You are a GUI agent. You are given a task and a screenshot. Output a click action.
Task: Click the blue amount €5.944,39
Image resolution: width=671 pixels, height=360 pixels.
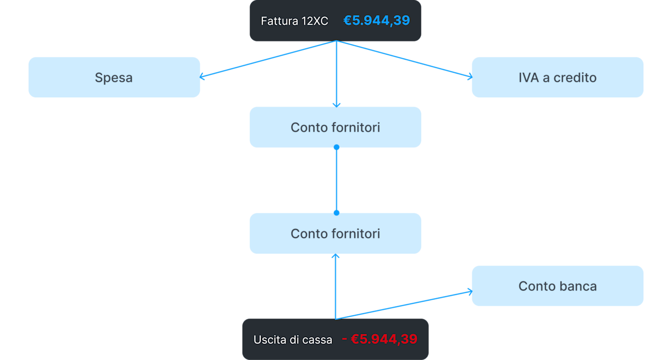pos(377,21)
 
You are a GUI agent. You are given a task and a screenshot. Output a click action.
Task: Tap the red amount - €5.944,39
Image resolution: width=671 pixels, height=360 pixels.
pos(380,339)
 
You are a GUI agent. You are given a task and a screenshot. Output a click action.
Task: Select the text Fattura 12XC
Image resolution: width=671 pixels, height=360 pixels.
pos(294,21)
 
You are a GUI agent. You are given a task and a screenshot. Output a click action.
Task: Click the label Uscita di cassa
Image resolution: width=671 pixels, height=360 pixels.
pos(293,340)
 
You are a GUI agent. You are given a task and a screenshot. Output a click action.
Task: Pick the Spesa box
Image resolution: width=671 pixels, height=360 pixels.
pos(114,78)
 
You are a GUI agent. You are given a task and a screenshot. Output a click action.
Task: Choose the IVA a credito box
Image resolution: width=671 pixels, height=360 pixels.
pos(558,78)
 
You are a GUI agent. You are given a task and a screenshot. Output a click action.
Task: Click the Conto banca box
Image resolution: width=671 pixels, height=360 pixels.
pos(558,286)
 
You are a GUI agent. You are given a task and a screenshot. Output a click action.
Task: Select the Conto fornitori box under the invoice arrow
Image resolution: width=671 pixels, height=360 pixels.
pos(335,127)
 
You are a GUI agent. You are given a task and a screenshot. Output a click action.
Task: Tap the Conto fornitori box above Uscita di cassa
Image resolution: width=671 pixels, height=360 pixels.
pos(335,233)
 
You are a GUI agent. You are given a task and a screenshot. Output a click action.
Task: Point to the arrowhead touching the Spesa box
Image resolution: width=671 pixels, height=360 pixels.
pos(201,77)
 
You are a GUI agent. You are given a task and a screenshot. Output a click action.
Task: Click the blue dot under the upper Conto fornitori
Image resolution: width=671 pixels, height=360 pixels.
pos(337,147)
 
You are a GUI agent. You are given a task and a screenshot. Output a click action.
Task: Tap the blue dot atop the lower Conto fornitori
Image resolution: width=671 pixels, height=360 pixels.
pos(337,213)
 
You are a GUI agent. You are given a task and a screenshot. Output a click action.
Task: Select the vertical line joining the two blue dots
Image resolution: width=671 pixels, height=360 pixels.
pos(337,180)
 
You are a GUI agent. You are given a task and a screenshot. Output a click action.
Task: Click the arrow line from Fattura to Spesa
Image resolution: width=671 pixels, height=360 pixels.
pos(268,59)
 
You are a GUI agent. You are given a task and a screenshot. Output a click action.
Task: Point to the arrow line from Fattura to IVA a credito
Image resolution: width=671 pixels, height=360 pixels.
pos(404,59)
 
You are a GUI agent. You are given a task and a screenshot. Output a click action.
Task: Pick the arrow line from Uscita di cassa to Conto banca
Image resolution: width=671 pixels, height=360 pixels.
pos(404,305)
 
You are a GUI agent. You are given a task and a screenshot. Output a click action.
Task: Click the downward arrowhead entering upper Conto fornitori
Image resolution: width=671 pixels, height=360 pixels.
pos(337,105)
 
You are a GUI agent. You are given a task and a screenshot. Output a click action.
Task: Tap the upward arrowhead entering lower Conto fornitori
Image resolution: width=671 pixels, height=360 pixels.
pos(335,256)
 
